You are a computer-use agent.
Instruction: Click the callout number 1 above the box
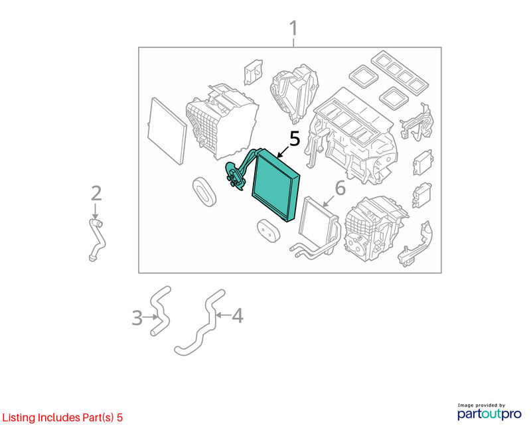pyautogui.click(x=293, y=28)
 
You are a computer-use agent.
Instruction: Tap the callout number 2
pyautogui.click(x=96, y=193)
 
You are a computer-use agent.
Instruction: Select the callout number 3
pyautogui.click(x=137, y=318)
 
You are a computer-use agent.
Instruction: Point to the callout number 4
pyautogui.click(x=238, y=316)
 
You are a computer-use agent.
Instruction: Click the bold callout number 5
pyautogui.click(x=295, y=139)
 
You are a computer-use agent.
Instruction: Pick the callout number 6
pyautogui.click(x=340, y=188)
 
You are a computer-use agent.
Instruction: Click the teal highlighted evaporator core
pyautogui.click(x=276, y=186)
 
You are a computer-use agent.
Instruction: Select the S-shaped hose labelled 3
pyautogui.click(x=160, y=311)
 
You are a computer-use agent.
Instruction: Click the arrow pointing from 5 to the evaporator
pyautogui.click(x=283, y=153)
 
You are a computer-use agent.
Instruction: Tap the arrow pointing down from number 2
pyautogui.click(x=96, y=211)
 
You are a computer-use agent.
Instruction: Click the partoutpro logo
pyautogui.click(x=489, y=414)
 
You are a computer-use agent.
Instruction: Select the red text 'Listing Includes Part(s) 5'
pyautogui.click(x=62, y=417)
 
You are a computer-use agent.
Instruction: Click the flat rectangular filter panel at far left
pyautogui.click(x=167, y=131)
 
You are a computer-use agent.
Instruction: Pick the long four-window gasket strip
pyautogui.click(x=400, y=72)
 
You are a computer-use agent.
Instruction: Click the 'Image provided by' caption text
pyautogui.click(x=481, y=405)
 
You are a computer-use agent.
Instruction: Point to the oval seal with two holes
pyautogui.click(x=268, y=230)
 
